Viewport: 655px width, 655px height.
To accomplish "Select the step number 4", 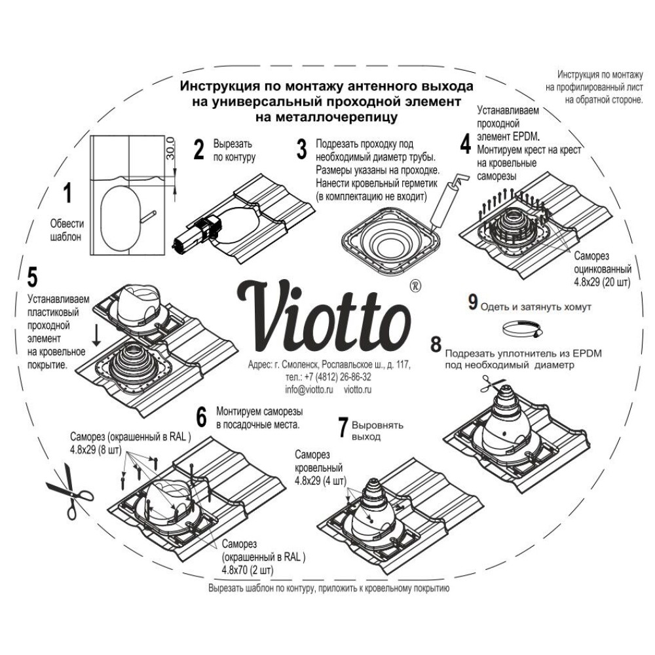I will coord(465,143).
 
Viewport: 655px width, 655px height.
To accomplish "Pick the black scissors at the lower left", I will coord(69,489).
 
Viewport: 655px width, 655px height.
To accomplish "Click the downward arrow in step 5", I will coord(96,336).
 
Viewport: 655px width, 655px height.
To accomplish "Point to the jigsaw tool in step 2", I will coord(196,233).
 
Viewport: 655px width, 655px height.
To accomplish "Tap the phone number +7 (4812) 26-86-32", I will coord(329,377).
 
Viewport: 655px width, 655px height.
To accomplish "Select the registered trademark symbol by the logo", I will coord(414,286).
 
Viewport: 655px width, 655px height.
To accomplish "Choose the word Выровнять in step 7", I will coord(378,424).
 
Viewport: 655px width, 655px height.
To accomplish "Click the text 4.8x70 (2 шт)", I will coord(248,569).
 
